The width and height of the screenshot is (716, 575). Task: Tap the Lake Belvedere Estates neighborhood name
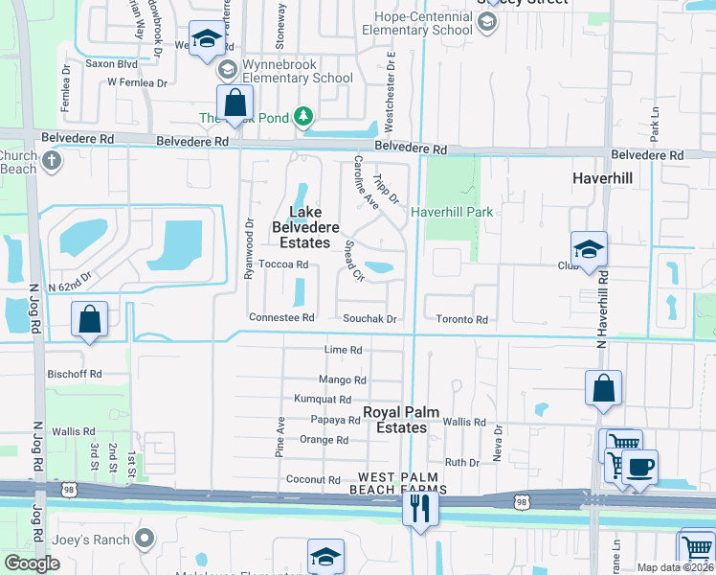(308, 228)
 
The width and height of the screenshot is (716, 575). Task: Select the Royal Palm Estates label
(401, 420)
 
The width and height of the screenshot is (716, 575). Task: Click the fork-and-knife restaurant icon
(419, 508)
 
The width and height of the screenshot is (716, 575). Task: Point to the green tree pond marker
(303, 117)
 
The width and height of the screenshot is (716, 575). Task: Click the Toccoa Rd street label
(283, 264)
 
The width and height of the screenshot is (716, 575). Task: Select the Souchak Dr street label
(370, 318)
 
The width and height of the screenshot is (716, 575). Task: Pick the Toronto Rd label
(461, 319)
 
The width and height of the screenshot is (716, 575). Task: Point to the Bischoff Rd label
(76, 374)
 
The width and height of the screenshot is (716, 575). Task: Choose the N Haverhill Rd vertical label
(602, 303)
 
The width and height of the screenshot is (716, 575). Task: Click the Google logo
(32, 564)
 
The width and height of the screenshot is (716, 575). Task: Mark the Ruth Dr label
(461, 462)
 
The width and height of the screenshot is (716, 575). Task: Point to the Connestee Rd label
(281, 318)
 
